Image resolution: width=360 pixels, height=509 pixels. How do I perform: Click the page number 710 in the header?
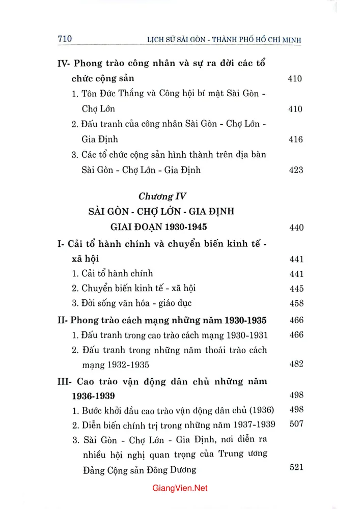click(x=66, y=39)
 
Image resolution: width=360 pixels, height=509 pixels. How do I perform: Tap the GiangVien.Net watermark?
click(x=180, y=488)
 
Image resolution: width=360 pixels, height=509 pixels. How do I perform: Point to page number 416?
click(x=295, y=139)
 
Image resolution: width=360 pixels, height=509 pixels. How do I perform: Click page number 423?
click(x=295, y=170)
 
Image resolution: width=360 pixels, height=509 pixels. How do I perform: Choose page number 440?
click(x=295, y=228)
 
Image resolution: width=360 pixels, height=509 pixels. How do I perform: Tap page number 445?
click(x=295, y=289)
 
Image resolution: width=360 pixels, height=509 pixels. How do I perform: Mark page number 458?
click(x=295, y=304)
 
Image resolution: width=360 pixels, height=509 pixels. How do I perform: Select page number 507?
click(x=295, y=425)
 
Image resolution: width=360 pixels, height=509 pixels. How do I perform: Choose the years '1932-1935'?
click(x=127, y=365)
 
